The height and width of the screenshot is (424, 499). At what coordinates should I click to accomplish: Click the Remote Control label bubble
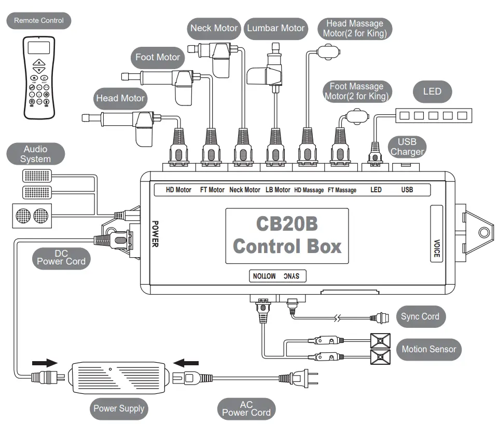tap(39, 21)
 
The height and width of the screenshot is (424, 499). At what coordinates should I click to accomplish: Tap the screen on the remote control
tap(39, 48)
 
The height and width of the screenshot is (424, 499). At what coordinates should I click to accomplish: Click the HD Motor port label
tap(178, 190)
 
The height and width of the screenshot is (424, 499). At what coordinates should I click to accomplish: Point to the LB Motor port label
tap(278, 190)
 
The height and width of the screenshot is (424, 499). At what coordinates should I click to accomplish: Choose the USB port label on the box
tap(407, 190)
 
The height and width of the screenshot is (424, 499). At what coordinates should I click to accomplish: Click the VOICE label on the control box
tap(437, 248)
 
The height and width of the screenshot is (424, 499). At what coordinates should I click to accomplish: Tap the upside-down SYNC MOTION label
tap(277, 276)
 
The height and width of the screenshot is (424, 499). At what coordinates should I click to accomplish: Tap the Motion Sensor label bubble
tap(428, 349)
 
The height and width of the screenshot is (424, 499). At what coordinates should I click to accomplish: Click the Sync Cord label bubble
tap(420, 316)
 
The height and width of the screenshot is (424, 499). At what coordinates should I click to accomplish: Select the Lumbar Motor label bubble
tap(276, 28)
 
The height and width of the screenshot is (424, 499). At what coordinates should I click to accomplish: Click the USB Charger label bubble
tap(407, 147)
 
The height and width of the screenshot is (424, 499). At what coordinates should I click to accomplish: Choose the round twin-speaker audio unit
tap(32, 216)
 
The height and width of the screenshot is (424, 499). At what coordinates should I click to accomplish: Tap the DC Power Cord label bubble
tap(61, 257)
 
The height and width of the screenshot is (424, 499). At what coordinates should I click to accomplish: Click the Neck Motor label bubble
tap(214, 28)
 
